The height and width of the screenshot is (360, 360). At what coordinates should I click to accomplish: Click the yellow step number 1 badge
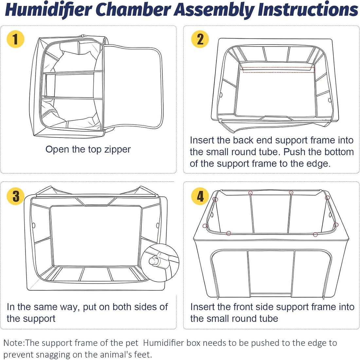[x=15, y=39]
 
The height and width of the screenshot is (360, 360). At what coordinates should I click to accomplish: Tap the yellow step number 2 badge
[x=200, y=39]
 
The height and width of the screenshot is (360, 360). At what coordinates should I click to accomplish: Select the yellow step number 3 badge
[x=16, y=196]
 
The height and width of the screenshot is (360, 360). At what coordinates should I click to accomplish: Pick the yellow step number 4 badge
[x=200, y=196]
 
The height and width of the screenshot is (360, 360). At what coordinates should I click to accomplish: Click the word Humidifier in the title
[x=48, y=9]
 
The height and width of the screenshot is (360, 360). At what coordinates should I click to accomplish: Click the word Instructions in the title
[x=308, y=9]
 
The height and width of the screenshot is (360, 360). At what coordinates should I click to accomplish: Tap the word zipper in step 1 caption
[x=117, y=150]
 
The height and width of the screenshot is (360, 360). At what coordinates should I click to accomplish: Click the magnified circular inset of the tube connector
[x=160, y=263]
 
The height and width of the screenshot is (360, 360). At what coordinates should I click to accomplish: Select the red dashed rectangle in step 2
[x=279, y=70]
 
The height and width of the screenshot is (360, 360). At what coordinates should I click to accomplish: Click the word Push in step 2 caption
[x=293, y=152]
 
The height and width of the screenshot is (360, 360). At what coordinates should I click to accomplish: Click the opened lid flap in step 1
[x=133, y=87]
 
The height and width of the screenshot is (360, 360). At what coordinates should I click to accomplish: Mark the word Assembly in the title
[x=214, y=9]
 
